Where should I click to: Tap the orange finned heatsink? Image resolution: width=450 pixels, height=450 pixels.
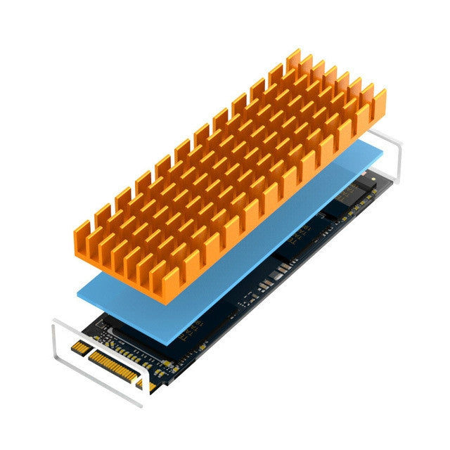pyautogui.click(x=225, y=176)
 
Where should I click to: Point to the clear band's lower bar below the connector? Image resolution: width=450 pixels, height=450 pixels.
pyautogui.click(x=98, y=383)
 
